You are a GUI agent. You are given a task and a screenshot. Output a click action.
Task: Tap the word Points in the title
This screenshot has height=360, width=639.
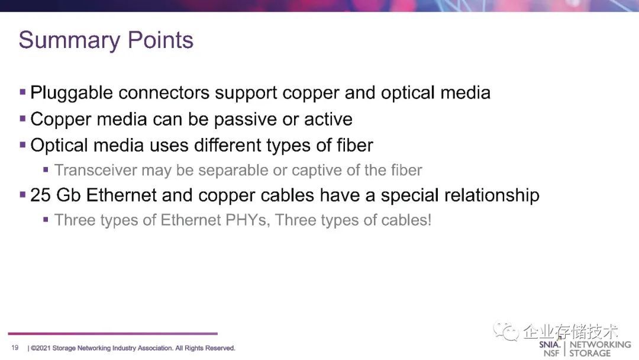click(160, 40)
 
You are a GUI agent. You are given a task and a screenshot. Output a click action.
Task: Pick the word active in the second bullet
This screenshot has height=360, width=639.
click(328, 120)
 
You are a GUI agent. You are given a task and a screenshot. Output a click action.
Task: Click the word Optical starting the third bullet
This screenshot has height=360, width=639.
click(59, 146)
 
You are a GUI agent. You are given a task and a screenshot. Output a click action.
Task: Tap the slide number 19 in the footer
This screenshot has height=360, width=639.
click(15, 348)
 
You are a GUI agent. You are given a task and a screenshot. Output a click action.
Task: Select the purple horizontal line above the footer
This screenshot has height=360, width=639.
click(112, 333)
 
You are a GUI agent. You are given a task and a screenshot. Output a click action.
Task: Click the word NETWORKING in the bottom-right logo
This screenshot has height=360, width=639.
click(600, 345)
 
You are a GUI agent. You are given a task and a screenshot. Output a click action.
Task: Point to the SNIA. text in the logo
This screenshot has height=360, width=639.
click(550, 345)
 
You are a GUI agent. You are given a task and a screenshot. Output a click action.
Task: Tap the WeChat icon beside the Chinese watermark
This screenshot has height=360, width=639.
click(505, 330)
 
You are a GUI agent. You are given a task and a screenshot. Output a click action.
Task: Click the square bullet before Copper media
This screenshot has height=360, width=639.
click(22, 119)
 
